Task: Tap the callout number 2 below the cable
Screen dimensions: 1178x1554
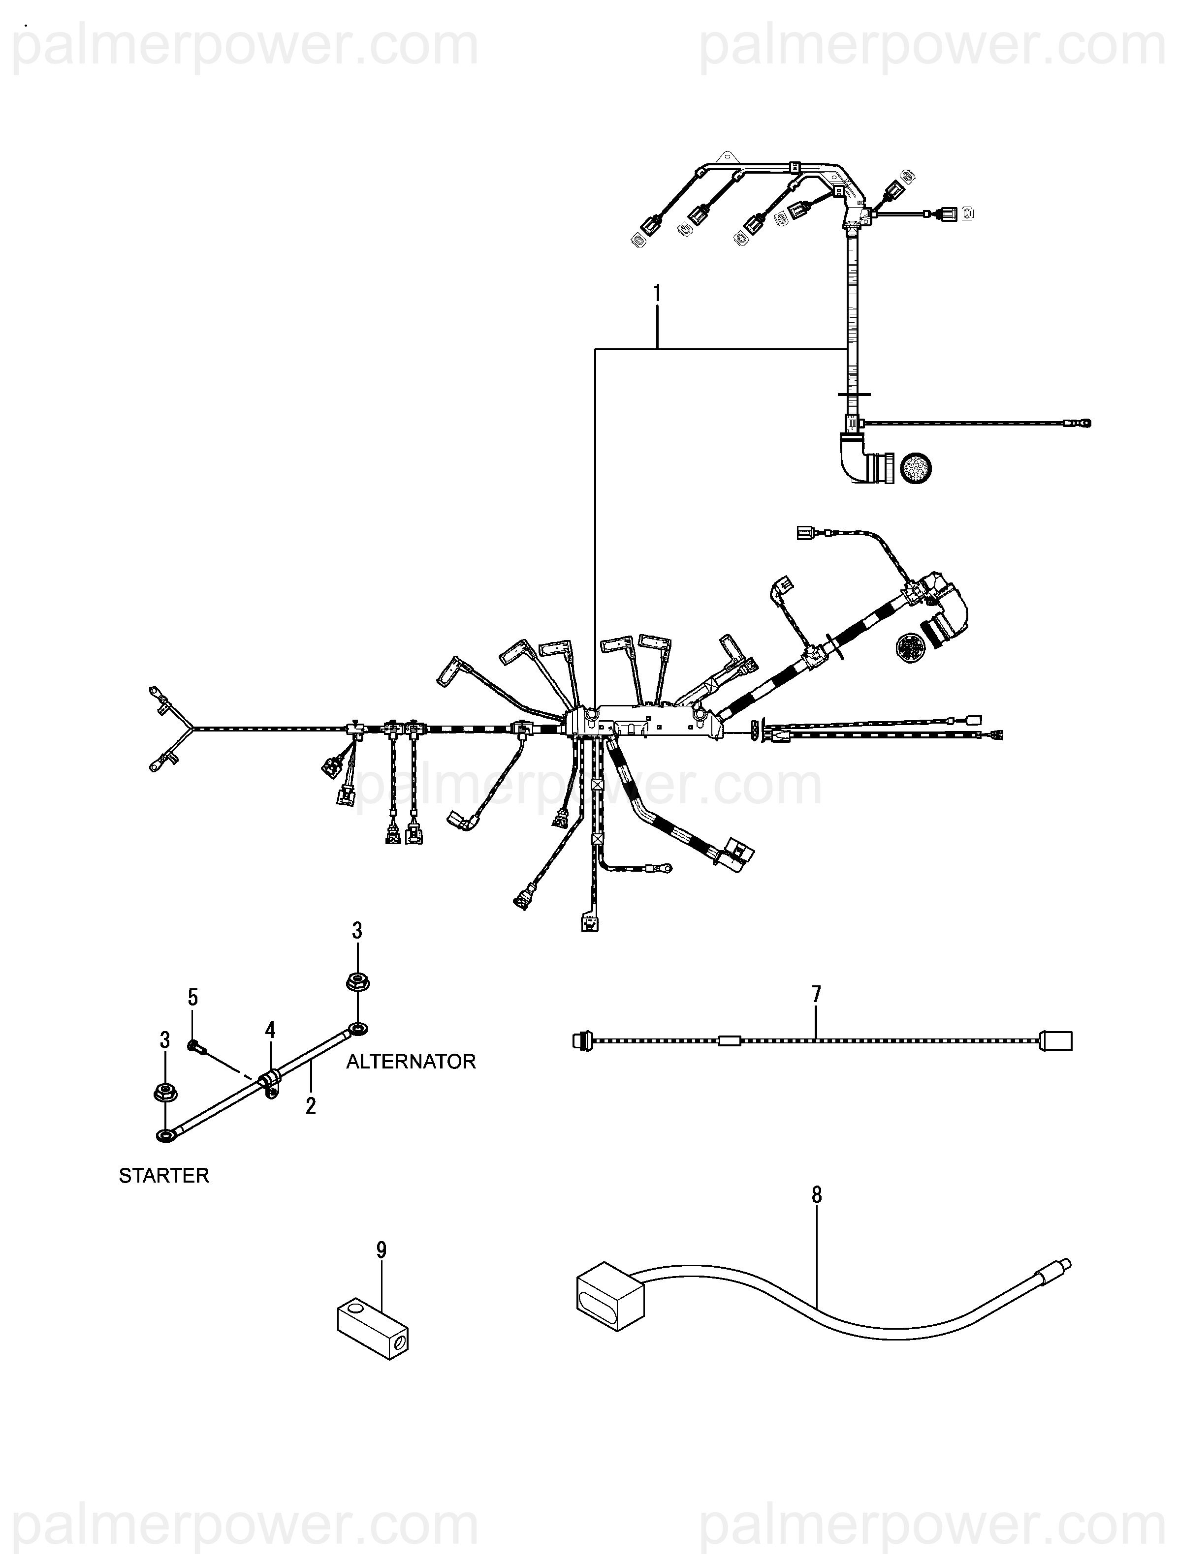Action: coord(311,1106)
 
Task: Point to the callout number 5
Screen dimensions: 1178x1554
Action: coord(192,998)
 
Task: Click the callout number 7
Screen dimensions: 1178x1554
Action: coord(816,995)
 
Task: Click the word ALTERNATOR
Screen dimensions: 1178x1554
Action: coord(411,1062)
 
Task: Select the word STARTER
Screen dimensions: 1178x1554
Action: coord(164,1175)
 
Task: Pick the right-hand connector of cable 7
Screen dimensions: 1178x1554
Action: coord(1056,1040)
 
